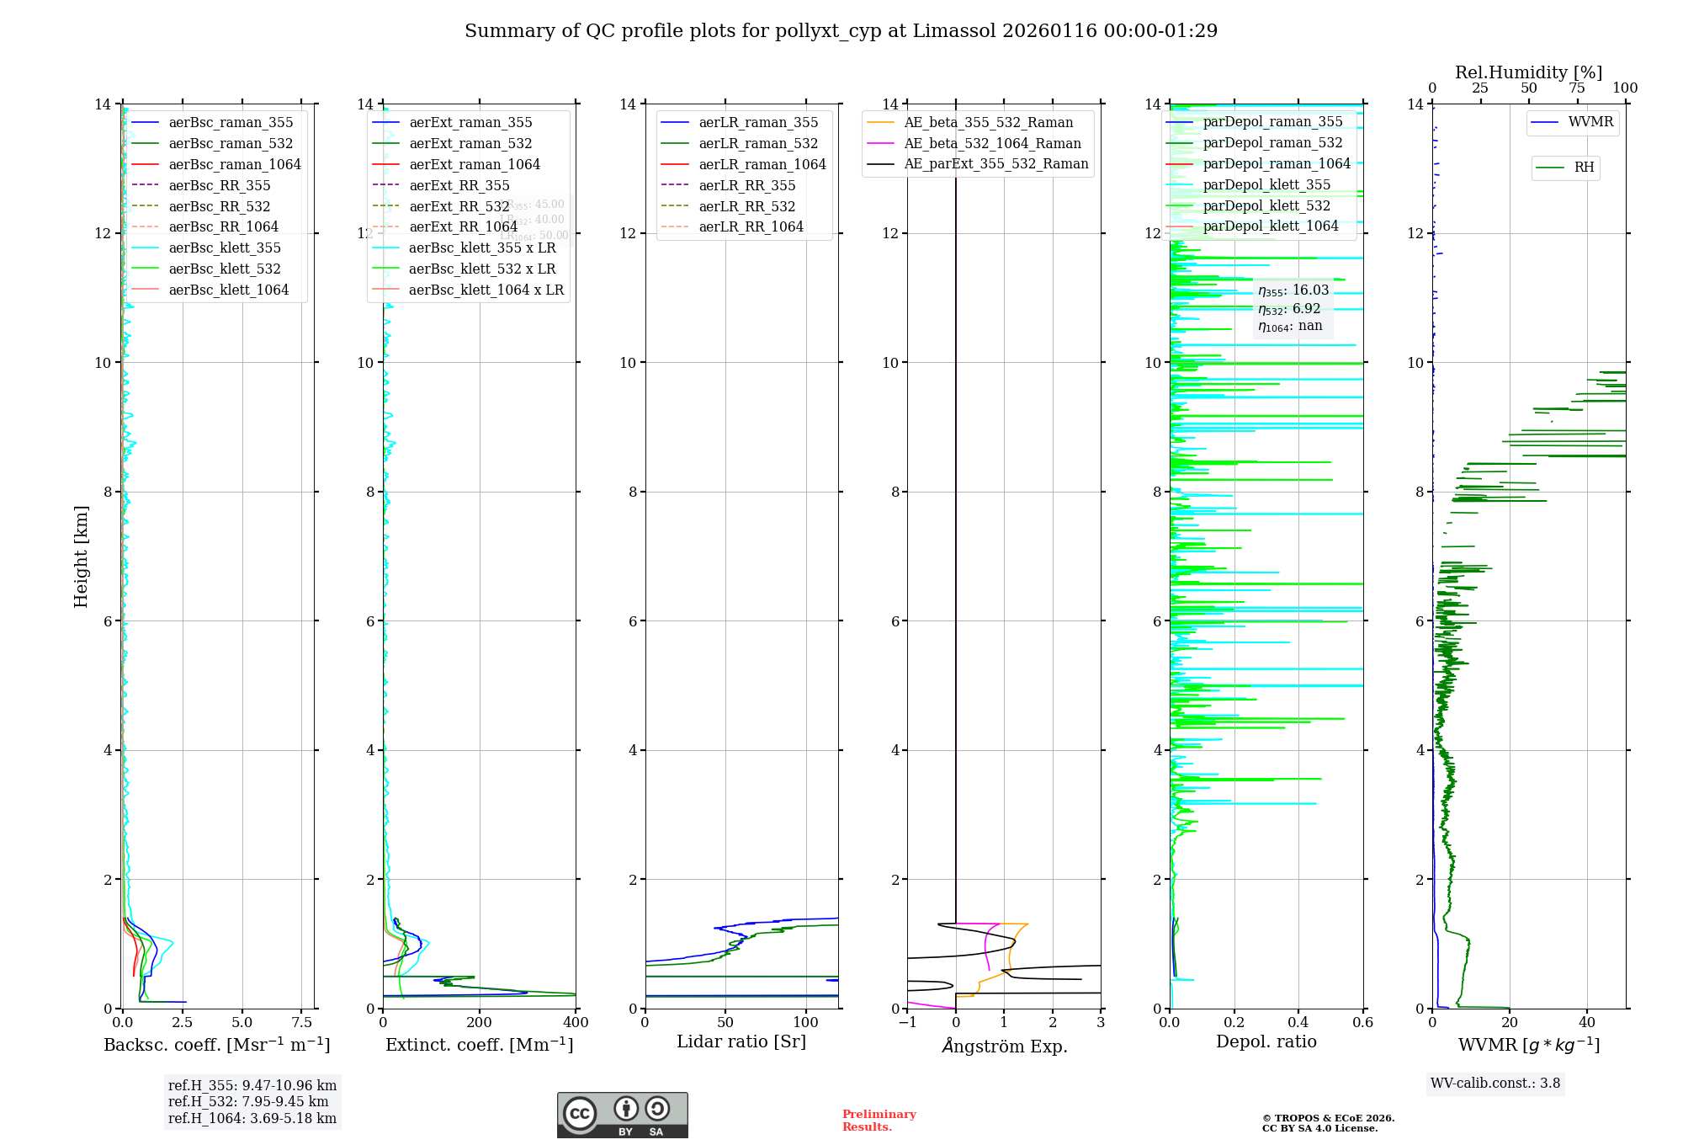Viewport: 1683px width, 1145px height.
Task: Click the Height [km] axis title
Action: (81, 557)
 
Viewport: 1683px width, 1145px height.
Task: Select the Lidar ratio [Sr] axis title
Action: (741, 1041)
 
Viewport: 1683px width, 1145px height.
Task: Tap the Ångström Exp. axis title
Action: (1004, 1046)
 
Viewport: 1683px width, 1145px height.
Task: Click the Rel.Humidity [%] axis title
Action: (1528, 72)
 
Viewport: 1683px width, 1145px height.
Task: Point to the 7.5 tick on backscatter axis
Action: (302, 1023)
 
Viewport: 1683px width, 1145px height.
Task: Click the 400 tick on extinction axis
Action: (576, 1023)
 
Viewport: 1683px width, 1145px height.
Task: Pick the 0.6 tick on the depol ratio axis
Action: (1362, 1023)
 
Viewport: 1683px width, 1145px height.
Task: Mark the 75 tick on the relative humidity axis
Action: (1576, 88)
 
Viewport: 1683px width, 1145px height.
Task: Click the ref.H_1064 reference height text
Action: (252, 1118)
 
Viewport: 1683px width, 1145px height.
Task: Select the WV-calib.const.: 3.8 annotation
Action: (1495, 1084)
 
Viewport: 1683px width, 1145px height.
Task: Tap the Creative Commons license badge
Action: (622, 1115)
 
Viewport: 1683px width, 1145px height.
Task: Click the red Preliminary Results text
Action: (879, 1121)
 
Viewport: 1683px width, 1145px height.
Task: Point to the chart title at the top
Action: (841, 31)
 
